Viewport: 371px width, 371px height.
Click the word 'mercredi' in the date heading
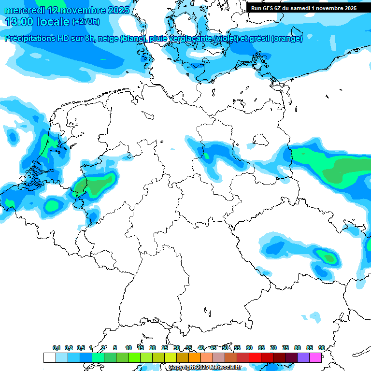pos(22,10)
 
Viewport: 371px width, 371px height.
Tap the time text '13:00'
pos(20,22)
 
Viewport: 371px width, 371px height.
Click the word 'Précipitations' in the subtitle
pos(30,39)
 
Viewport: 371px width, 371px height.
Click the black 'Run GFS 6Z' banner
pos(303,8)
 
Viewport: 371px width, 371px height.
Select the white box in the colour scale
pos(50,357)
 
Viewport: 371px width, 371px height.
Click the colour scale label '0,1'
pos(57,348)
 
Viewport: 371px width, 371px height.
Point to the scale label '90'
pos(321,348)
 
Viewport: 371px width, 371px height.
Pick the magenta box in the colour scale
pos(315,357)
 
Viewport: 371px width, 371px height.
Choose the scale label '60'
pos(249,348)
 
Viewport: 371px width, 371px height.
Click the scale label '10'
pos(128,348)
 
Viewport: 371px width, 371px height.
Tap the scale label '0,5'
pos(81,348)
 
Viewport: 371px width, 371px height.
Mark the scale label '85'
pos(309,348)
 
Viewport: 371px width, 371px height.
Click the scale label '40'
pos(201,348)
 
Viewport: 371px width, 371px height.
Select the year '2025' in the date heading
pos(118,10)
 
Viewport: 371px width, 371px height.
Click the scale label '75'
pos(285,348)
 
